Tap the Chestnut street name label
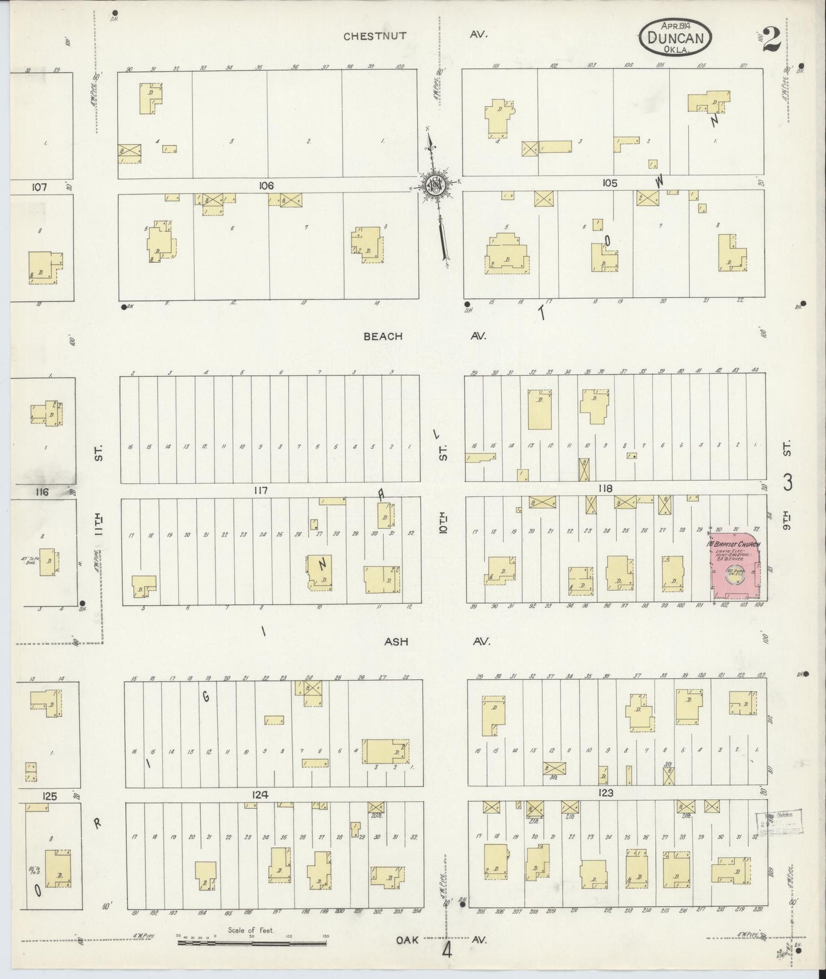point(374,35)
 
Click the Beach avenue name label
point(382,336)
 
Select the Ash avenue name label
point(396,641)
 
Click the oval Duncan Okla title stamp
point(675,38)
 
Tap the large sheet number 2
point(771,39)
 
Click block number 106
point(266,186)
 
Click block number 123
point(606,793)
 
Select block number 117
point(261,490)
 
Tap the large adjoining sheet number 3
point(788,483)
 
